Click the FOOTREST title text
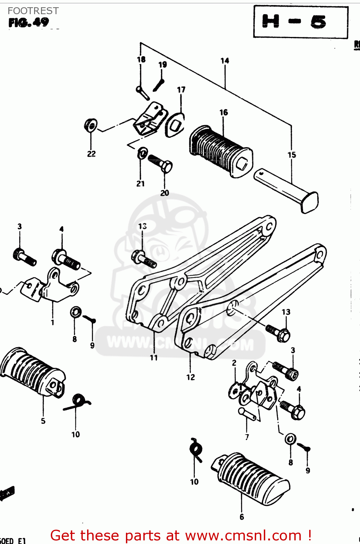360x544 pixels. (x=33, y=11)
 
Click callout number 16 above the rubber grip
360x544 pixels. (x=224, y=112)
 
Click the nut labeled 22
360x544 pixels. (x=90, y=126)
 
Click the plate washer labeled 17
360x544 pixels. (x=175, y=125)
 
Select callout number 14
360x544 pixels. (x=225, y=61)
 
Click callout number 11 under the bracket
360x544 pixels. (x=154, y=358)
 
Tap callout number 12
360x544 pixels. (x=191, y=377)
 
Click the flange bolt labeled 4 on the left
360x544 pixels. (x=67, y=259)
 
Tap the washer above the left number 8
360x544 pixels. (x=76, y=312)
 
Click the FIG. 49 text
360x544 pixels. (x=29, y=22)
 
